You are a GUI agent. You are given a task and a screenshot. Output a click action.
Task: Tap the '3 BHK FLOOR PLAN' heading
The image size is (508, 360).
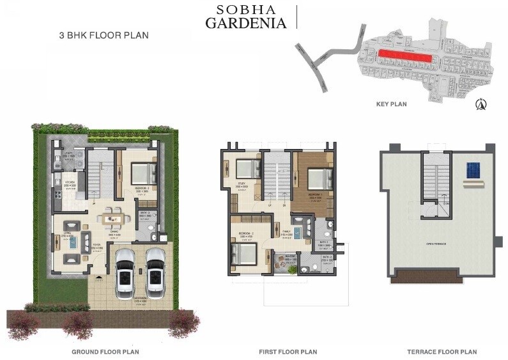[x=103, y=36]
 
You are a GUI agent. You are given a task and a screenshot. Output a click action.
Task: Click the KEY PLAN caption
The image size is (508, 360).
[x=392, y=104]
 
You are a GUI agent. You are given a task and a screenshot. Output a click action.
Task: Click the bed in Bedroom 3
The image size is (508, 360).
[x=144, y=173]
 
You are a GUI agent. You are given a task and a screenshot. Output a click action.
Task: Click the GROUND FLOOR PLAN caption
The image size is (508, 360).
[x=106, y=352]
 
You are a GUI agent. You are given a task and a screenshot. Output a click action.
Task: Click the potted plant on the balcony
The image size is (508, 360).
[x=292, y=269]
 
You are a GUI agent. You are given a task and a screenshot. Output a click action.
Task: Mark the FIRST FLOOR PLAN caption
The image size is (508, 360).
[x=288, y=352]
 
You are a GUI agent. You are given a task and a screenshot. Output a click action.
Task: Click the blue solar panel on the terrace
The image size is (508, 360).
[x=473, y=169]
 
